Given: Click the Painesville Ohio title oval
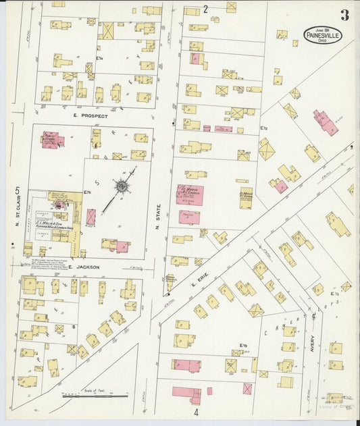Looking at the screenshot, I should [x=323, y=35].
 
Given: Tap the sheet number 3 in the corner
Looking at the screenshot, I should [x=344, y=16].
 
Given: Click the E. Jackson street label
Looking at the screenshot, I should [x=84, y=267].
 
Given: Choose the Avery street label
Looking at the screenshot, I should [x=312, y=328].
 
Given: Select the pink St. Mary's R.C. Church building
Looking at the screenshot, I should [x=190, y=194].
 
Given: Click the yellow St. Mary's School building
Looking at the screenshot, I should [x=245, y=199].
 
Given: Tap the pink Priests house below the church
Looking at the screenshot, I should [x=189, y=217].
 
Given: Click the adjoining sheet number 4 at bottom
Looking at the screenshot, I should [x=197, y=411].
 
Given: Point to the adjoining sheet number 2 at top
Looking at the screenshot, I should [x=205, y=9].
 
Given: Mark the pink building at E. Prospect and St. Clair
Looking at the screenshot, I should [x=51, y=140].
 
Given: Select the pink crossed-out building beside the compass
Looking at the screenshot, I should [x=91, y=217].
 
